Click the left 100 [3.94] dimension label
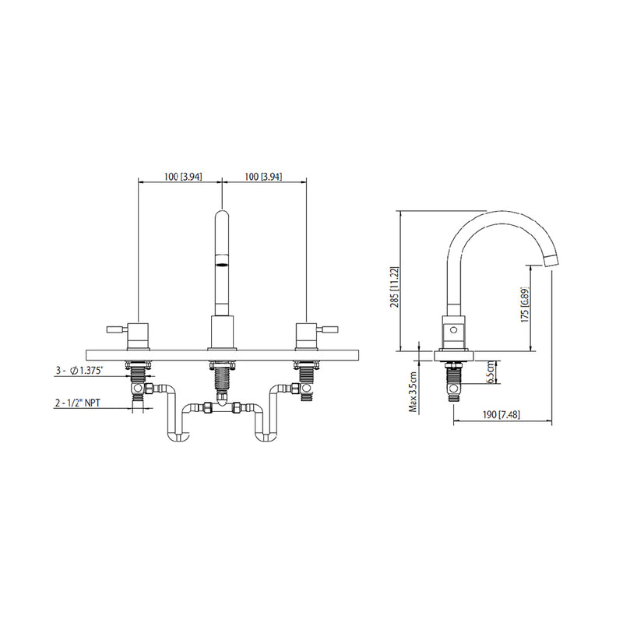(184, 178)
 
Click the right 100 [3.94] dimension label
(262, 178)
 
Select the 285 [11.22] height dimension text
(396, 287)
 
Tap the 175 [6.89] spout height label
(526, 305)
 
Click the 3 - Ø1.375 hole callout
(86, 372)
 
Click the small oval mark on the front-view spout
(222, 264)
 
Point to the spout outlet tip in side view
(551, 260)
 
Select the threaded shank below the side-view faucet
(453, 379)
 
